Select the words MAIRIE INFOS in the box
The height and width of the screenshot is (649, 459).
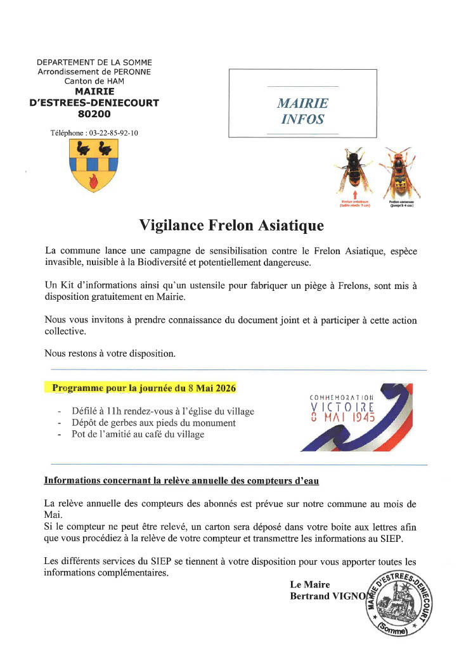pyautogui.click(x=302, y=111)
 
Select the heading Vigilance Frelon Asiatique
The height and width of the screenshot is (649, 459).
pyautogui.click(x=231, y=226)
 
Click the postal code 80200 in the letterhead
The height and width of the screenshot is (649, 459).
pyautogui.click(x=94, y=114)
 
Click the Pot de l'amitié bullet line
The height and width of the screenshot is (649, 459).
pyautogui.click(x=138, y=435)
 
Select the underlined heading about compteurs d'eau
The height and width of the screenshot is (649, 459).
pyautogui.click(x=181, y=481)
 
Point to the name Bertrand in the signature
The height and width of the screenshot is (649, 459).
pyautogui.click(x=311, y=596)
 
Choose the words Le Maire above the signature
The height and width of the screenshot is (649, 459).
pyautogui.click(x=310, y=584)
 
